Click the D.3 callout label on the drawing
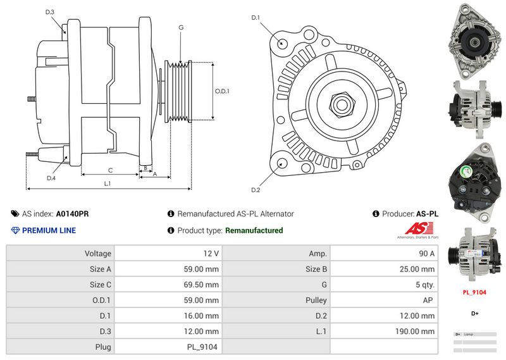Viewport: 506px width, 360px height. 50,12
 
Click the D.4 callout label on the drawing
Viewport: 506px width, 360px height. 51,178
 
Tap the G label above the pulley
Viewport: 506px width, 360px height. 181,27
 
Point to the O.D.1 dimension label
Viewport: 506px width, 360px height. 222,91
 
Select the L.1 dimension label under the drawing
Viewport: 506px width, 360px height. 108,183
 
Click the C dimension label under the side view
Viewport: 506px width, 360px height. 110,170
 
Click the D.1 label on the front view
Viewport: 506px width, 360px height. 256,18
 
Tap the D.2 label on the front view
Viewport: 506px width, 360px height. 256,190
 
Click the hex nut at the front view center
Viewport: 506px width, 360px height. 339,103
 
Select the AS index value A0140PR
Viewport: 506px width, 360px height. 73,214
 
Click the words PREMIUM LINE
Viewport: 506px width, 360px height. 49,230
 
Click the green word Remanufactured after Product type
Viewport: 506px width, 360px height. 254,230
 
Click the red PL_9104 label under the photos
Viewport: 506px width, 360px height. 474,292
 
